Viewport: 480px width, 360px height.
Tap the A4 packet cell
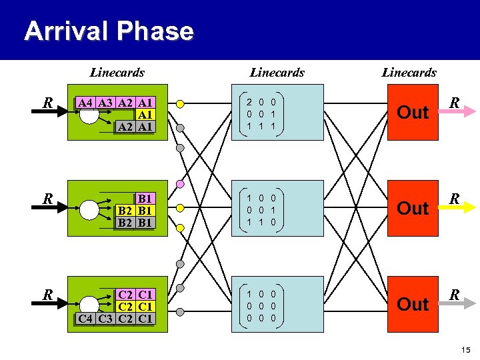click(x=85, y=103)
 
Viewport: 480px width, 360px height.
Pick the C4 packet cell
click(x=85, y=318)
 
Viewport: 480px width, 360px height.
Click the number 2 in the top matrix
click(x=249, y=102)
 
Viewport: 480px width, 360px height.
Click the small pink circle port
click(x=179, y=184)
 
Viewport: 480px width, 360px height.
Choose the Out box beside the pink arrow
click(x=413, y=112)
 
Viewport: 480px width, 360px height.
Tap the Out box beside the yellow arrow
click(x=413, y=208)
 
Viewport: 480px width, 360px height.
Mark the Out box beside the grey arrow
click(x=413, y=304)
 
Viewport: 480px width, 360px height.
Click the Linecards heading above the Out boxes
click(x=409, y=72)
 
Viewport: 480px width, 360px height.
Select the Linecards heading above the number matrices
click(x=277, y=72)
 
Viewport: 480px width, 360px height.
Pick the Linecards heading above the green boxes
click(x=117, y=72)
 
